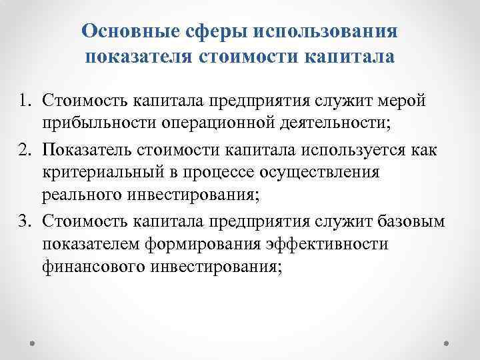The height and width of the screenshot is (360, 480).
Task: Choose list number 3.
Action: click(x=24, y=220)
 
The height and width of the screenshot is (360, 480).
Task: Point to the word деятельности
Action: click(x=325, y=124)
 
